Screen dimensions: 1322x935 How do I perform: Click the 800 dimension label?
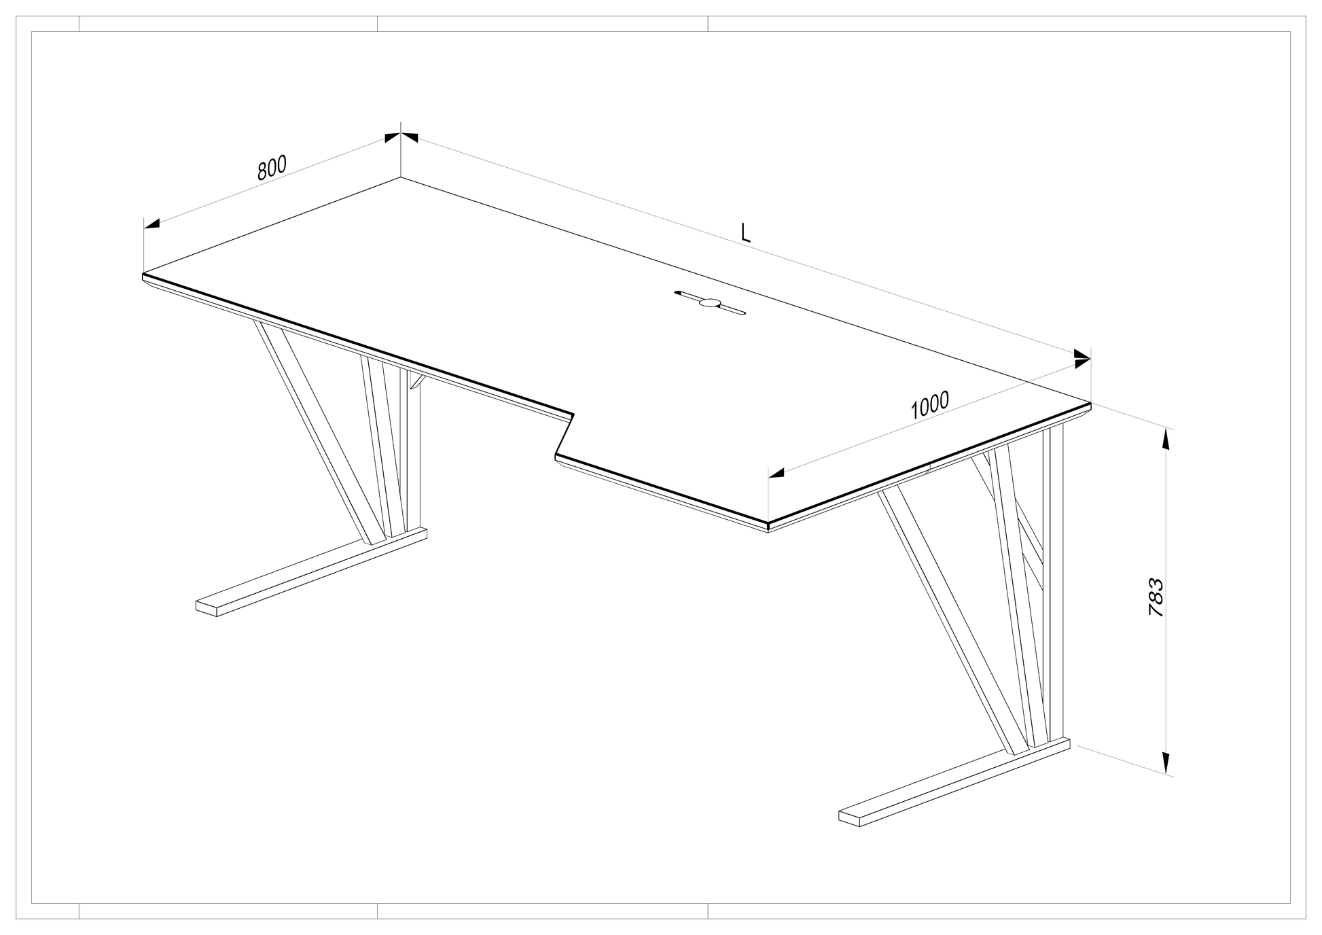tap(272, 167)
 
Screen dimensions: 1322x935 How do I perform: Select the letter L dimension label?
tap(745, 233)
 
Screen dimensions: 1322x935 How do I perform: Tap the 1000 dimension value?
tap(929, 405)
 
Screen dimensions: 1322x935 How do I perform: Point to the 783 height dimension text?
tap(1156, 597)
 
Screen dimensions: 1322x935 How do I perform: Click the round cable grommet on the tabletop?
tap(711, 303)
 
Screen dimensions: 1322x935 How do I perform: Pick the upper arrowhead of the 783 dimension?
tap(1166, 439)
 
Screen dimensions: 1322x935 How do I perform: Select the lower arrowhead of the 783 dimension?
tap(1166, 762)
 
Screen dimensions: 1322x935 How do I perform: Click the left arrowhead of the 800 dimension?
tap(152, 224)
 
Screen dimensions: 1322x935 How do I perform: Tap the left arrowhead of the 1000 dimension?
tap(776, 472)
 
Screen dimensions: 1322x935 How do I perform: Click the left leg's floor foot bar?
tap(312, 572)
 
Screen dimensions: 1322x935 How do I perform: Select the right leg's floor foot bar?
tap(954, 782)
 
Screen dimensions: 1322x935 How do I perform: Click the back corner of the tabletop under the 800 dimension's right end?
tap(400, 177)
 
